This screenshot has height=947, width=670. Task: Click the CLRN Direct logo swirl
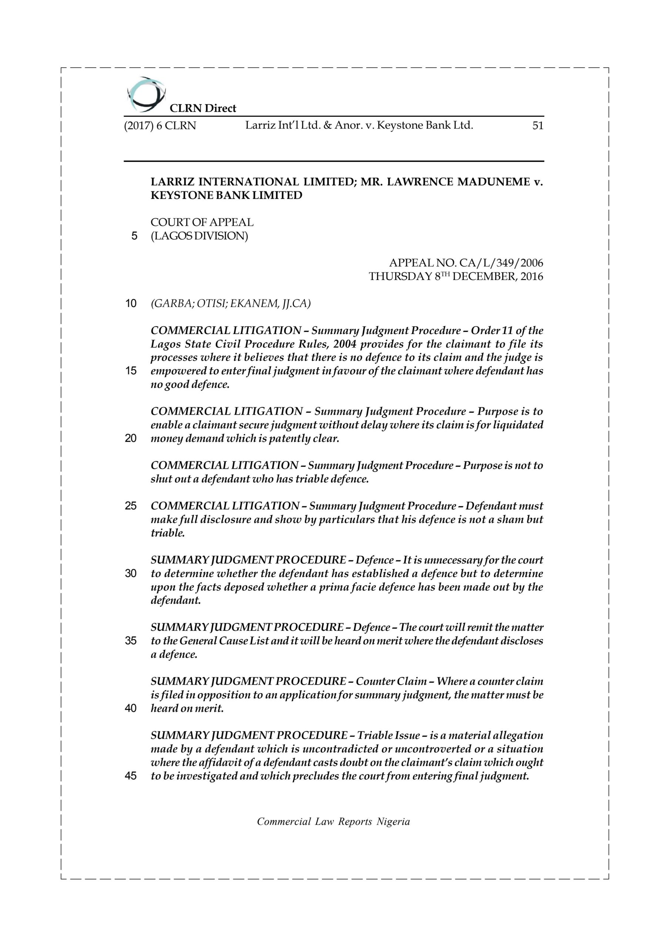click(x=146, y=95)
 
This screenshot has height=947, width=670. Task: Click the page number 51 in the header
click(x=538, y=126)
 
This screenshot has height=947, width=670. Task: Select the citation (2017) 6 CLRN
click(x=160, y=126)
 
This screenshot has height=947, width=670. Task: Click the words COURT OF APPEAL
click(x=202, y=222)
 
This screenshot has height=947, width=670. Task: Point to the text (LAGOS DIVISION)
click(x=199, y=236)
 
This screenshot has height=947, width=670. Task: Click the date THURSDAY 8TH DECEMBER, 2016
click(x=456, y=276)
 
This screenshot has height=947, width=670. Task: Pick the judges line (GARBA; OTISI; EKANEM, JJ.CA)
click(x=230, y=304)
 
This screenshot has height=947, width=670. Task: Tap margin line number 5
click(x=134, y=236)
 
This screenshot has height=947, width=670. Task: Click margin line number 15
click(x=131, y=371)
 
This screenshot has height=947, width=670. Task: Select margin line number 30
click(x=131, y=574)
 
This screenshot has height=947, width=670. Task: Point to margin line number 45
click(x=131, y=776)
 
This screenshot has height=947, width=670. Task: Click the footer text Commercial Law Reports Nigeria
click(x=333, y=822)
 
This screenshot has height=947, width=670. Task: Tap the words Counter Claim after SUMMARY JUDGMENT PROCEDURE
click(x=391, y=681)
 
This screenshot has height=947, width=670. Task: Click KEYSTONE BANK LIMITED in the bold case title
click(x=226, y=196)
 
